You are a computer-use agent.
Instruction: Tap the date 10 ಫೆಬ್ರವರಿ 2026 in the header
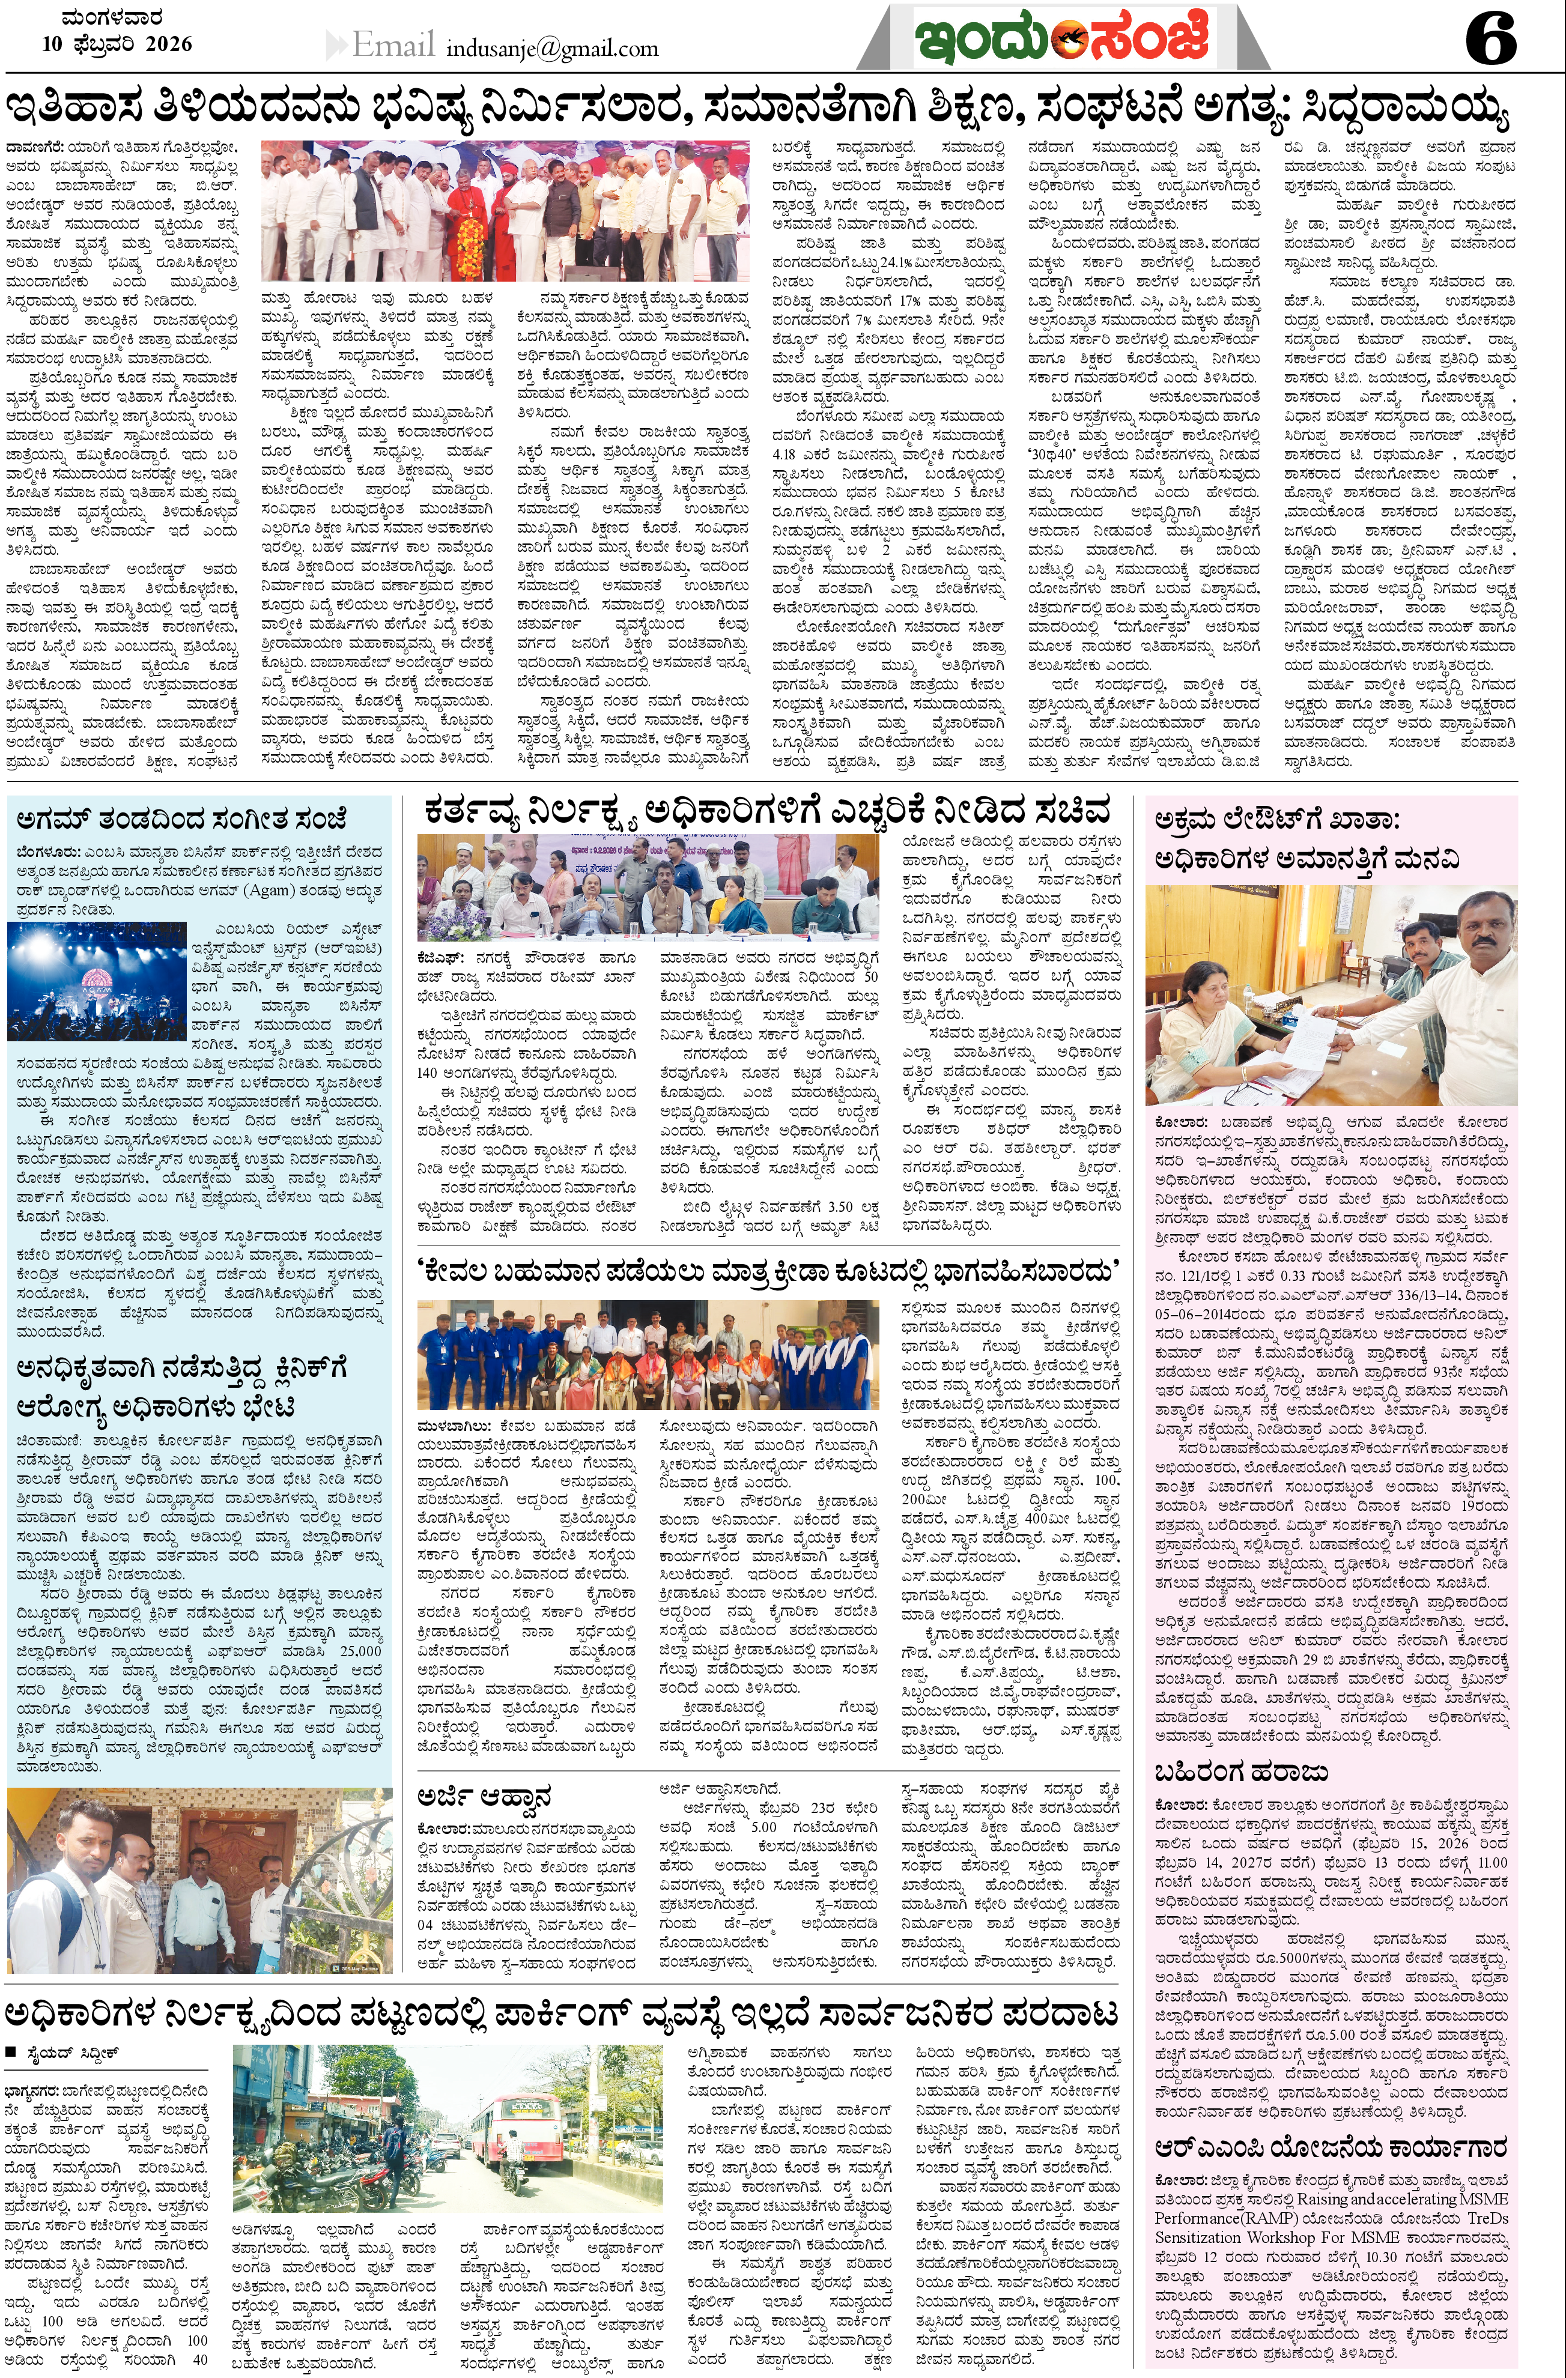[x=117, y=44]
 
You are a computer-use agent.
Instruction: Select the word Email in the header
[x=393, y=45]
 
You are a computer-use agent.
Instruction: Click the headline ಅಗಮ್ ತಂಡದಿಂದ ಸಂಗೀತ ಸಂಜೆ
[x=181, y=819]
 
